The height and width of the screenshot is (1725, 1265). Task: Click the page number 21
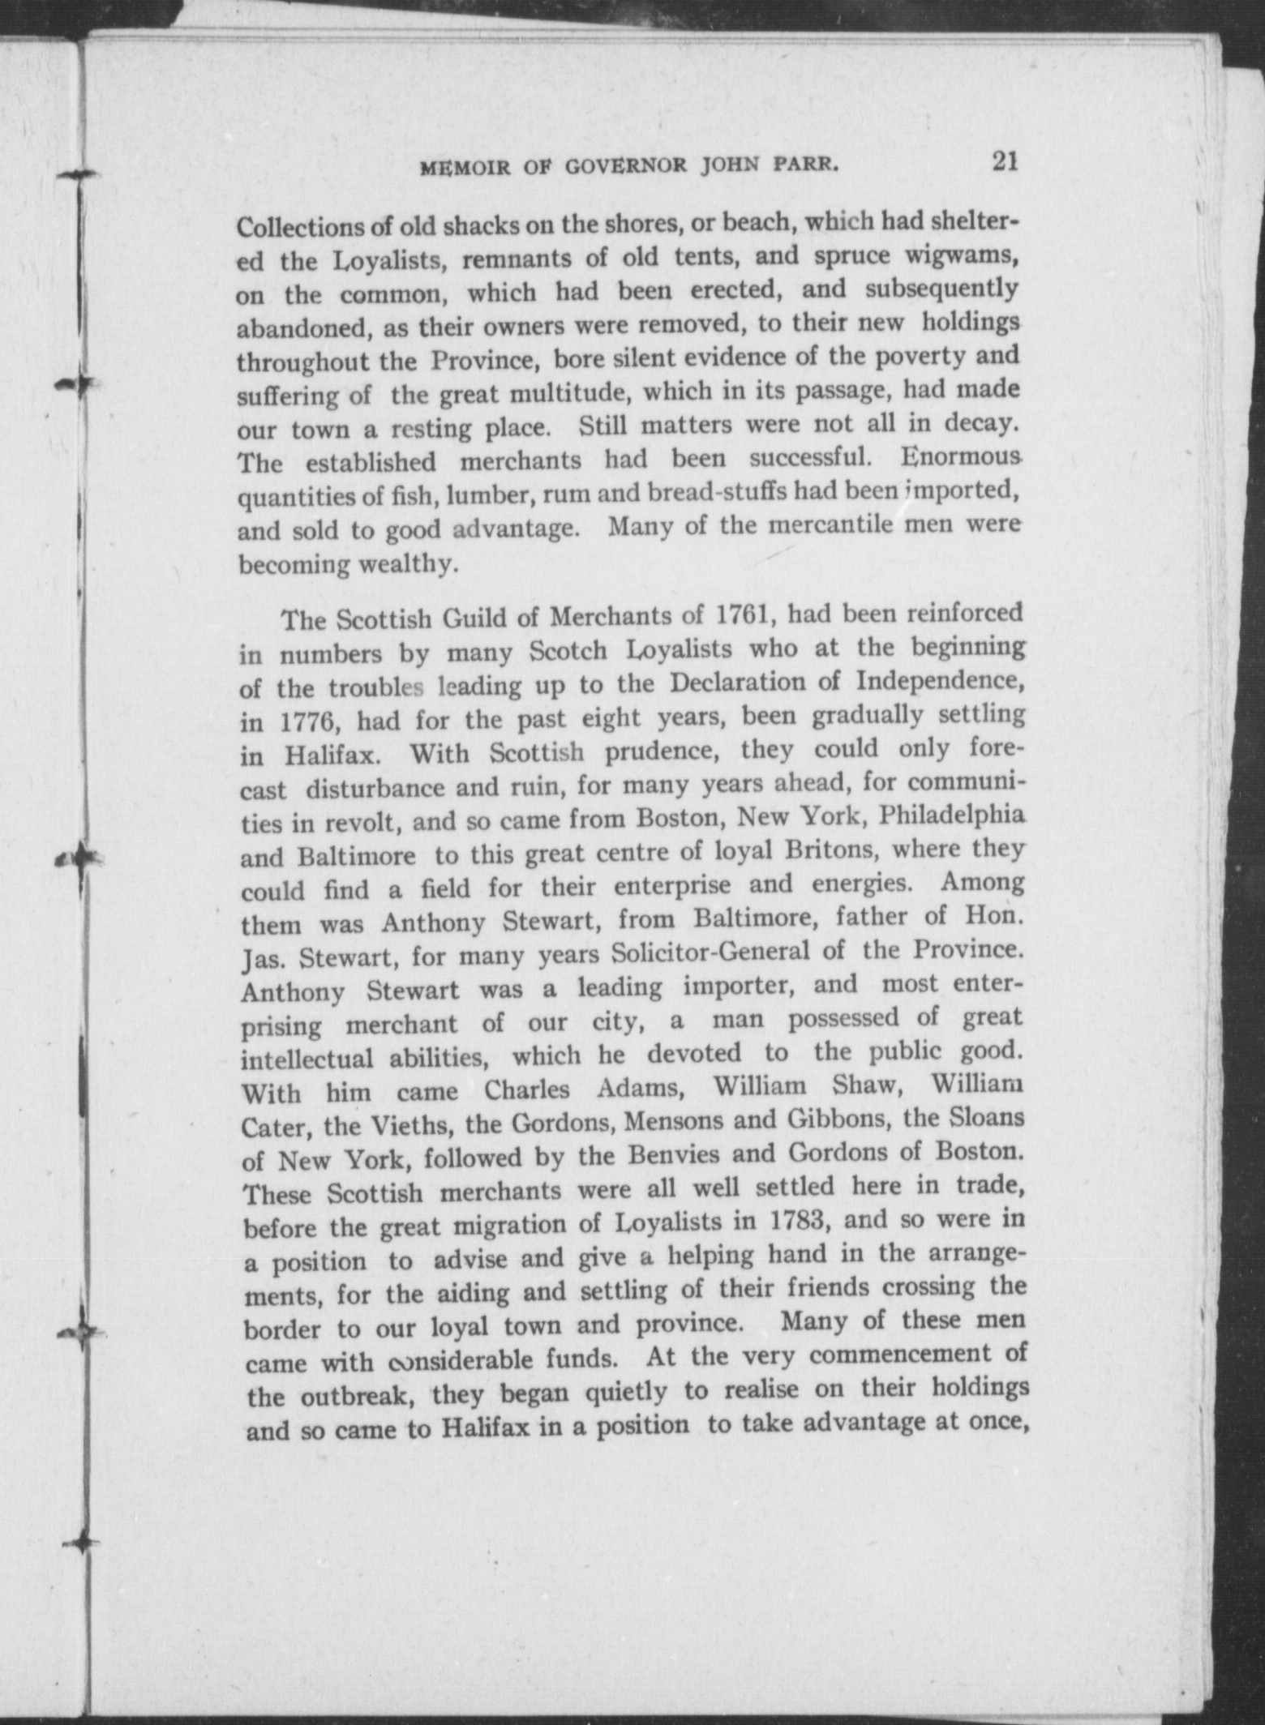point(1004,161)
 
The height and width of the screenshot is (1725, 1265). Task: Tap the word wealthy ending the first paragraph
point(405,564)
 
